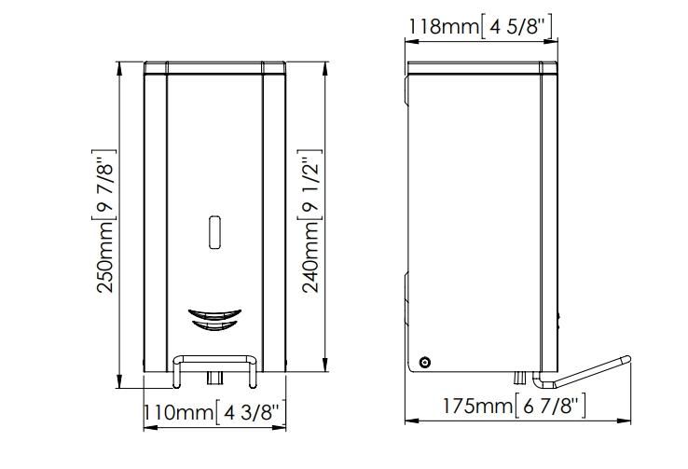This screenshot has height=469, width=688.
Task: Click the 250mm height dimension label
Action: point(105,256)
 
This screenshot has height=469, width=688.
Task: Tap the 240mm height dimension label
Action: point(310,256)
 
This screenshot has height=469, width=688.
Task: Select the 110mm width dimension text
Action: point(179,412)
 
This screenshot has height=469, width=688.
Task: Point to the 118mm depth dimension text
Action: point(444,26)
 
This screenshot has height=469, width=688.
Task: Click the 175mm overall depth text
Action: point(477,406)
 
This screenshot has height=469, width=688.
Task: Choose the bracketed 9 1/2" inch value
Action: point(310,185)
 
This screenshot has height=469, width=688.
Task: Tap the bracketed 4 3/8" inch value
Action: point(251,413)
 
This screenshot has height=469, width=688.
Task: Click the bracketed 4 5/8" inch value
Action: point(516,26)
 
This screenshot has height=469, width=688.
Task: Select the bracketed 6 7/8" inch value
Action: point(549,407)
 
